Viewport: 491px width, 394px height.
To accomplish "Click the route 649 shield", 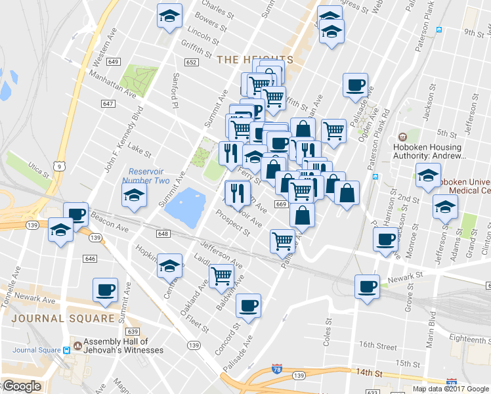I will pyautogui.click(x=114, y=62).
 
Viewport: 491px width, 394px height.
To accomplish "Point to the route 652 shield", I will pyautogui.click(x=191, y=62).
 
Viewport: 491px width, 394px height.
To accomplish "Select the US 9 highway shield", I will pyautogui.click(x=60, y=167).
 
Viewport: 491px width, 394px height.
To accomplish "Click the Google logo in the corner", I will pyautogui.click(x=21, y=386).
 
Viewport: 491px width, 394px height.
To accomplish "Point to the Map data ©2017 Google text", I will pyautogui.click(x=450, y=389).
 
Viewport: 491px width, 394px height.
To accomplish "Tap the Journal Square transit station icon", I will pyautogui.click(x=66, y=350).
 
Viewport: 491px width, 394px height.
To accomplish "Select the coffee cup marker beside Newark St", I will pyautogui.click(x=367, y=286).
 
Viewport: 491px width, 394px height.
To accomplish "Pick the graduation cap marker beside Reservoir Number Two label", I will pyautogui.click(x=134, y=196).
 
